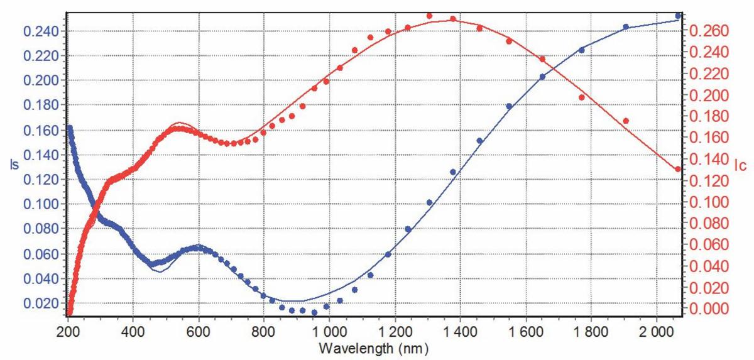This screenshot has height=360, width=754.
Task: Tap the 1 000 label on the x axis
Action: coord(329,330)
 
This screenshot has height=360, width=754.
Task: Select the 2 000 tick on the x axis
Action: coord(657,330)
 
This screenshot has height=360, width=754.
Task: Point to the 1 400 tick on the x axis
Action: coord(461,330)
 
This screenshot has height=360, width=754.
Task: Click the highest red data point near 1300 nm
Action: coord(429,16)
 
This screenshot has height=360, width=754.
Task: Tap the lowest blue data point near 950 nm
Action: coord(314,312)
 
